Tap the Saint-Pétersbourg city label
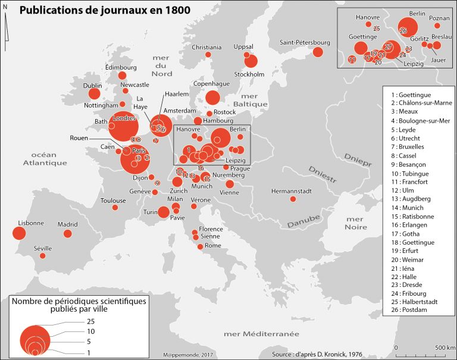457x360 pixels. pos(305,42)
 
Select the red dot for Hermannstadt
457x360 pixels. pos(293,199)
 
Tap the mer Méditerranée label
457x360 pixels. pos(261,334)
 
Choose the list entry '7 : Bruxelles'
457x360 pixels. pos(408,146)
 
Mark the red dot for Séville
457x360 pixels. pos(42,256)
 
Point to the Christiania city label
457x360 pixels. pos(206,47)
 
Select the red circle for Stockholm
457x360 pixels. pos(251,61)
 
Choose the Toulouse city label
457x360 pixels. pos(113,201)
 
